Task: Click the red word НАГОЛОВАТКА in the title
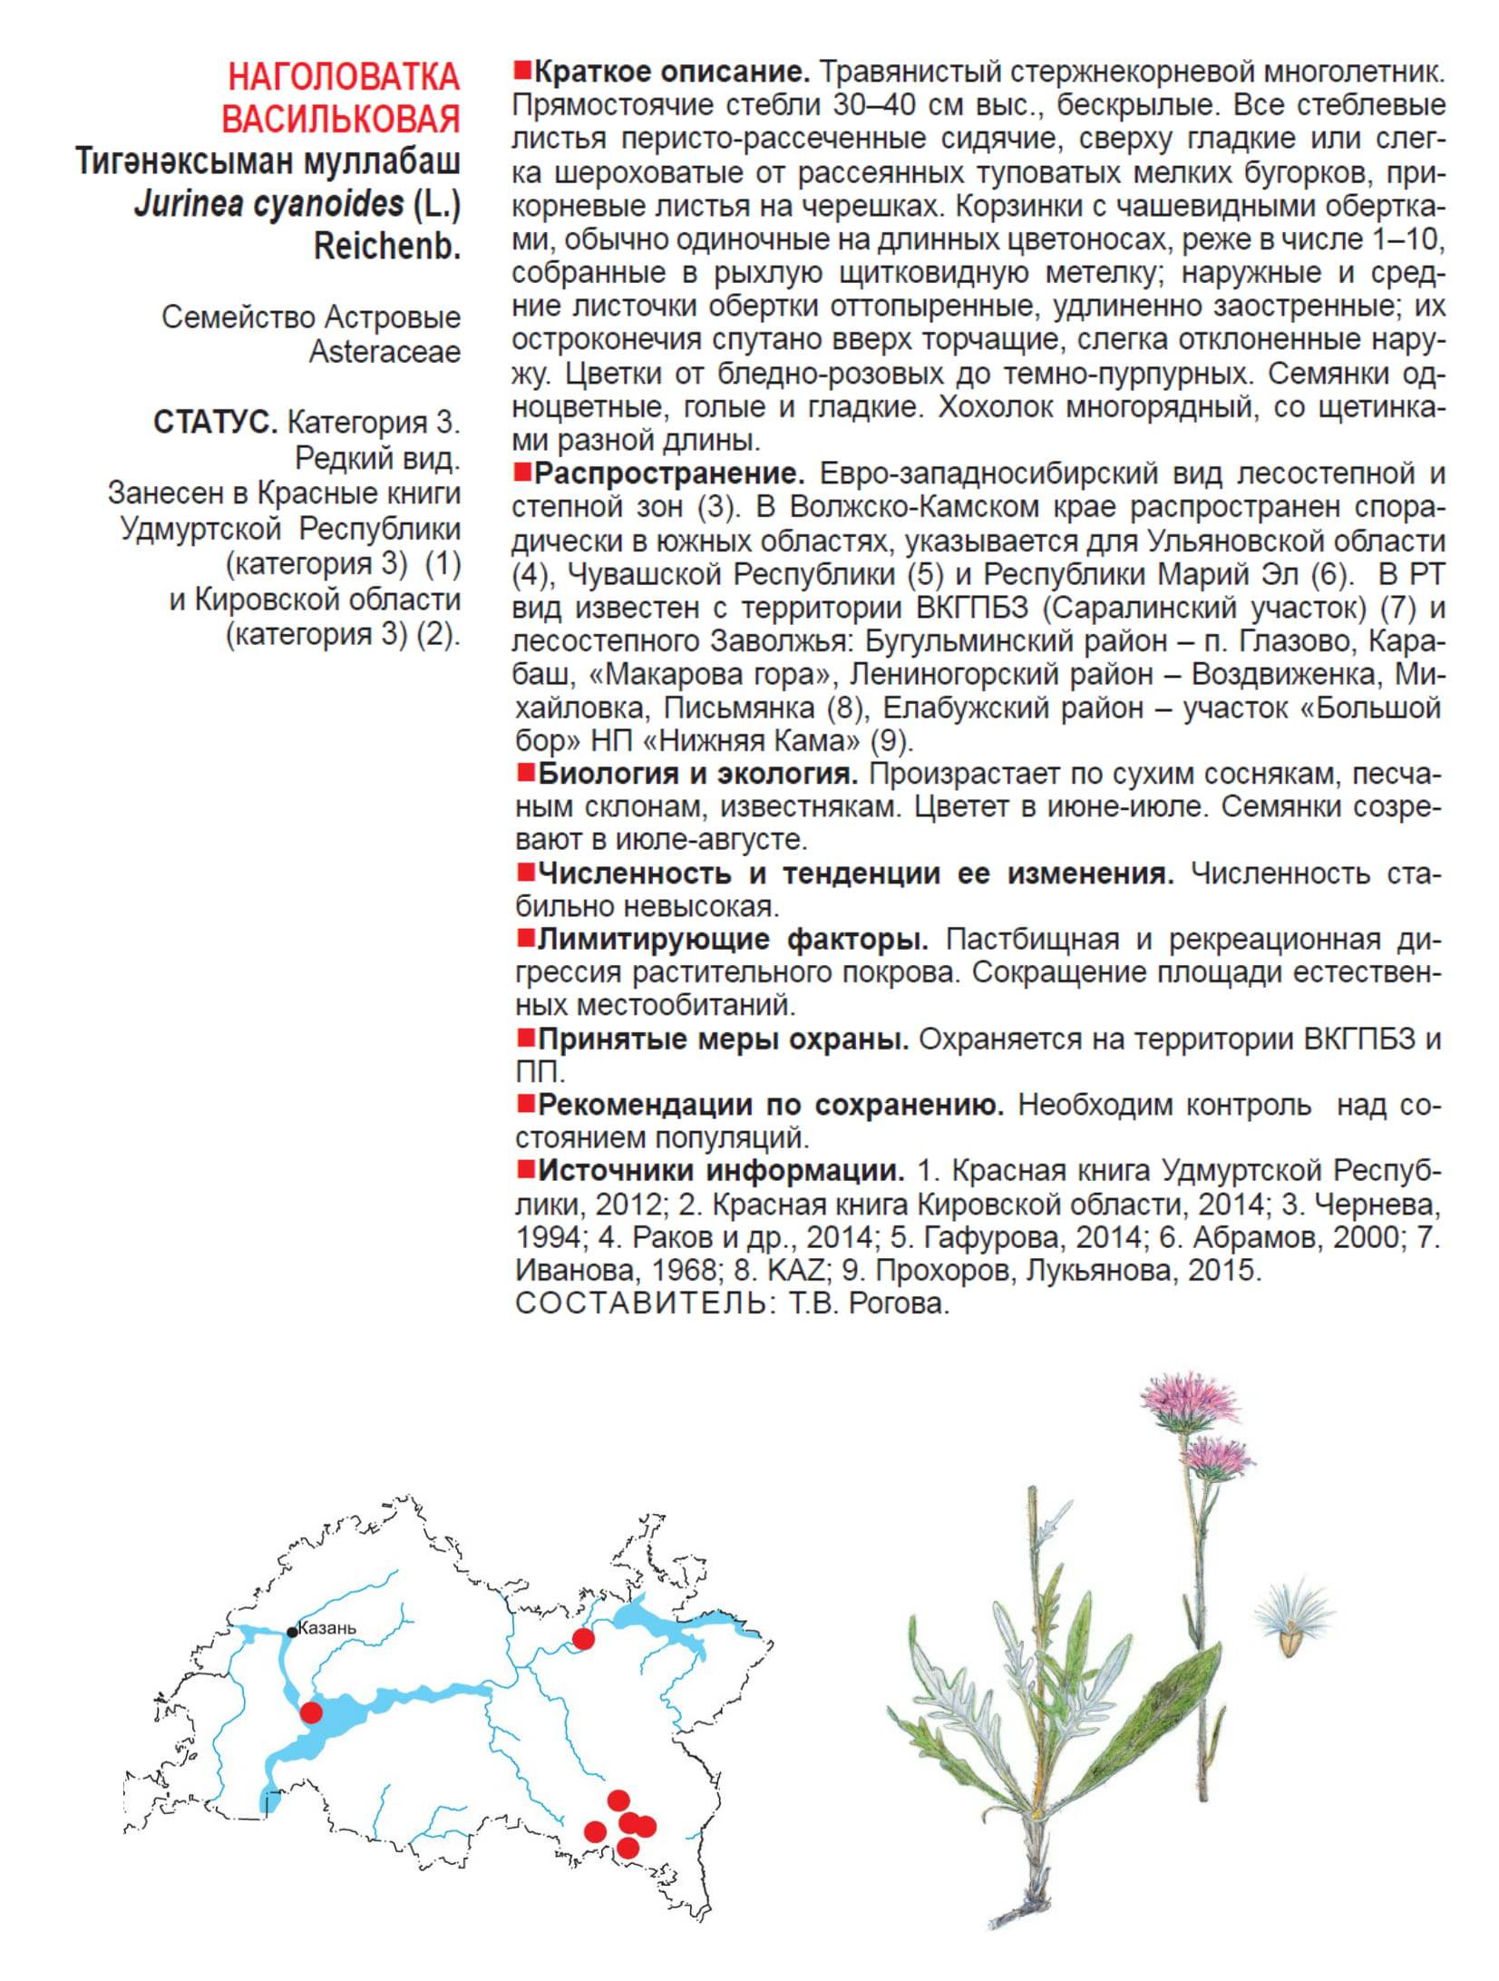(344, 77)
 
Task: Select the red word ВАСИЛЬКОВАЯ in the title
(341, 119)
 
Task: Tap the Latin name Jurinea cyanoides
(269, 204)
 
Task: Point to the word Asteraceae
(384, 352)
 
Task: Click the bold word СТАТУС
(215, 423)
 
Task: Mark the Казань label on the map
(327, 1627)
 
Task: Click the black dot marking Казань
(292, 1632)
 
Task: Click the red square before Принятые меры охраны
(524, 1037)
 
